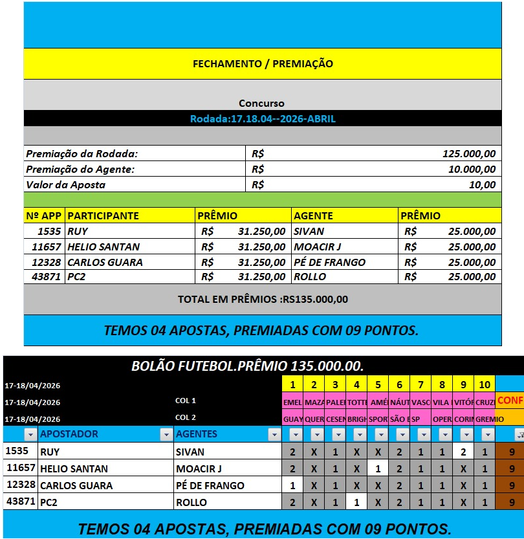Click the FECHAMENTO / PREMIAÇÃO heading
pyautogui.click(x=263, y=64)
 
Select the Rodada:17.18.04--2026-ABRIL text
pyautogui.click(x=263, y=119)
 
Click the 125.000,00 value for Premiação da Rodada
pyautogui.click(x=469, y=154)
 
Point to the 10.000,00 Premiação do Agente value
pyautogui.click(x=472, y=170)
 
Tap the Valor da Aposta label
pyautogui.click(x=66, y=185)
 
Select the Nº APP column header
pyautogui.click(x=43, y=216)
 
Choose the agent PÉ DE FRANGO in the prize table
pyautogui.click(x=329, y=262)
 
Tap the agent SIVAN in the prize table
pyautogui.click(x=309, y=231)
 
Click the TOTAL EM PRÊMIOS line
pyautogui.click(x=263, y=300)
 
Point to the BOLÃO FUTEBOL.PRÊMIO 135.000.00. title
pyautogui.click(x=248, y=366)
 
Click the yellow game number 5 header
pyautogui.click(x=378, y=385)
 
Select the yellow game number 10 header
pyautogui.click(x=485, y=385)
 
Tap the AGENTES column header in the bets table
pyautogui.click(x=197, y=434)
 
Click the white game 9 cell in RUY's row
pyautogui.click(x=463, y=452)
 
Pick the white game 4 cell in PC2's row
pyautogui.click(x=356, y=502)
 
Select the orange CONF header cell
pyautogui.click(x=510, y=401)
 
